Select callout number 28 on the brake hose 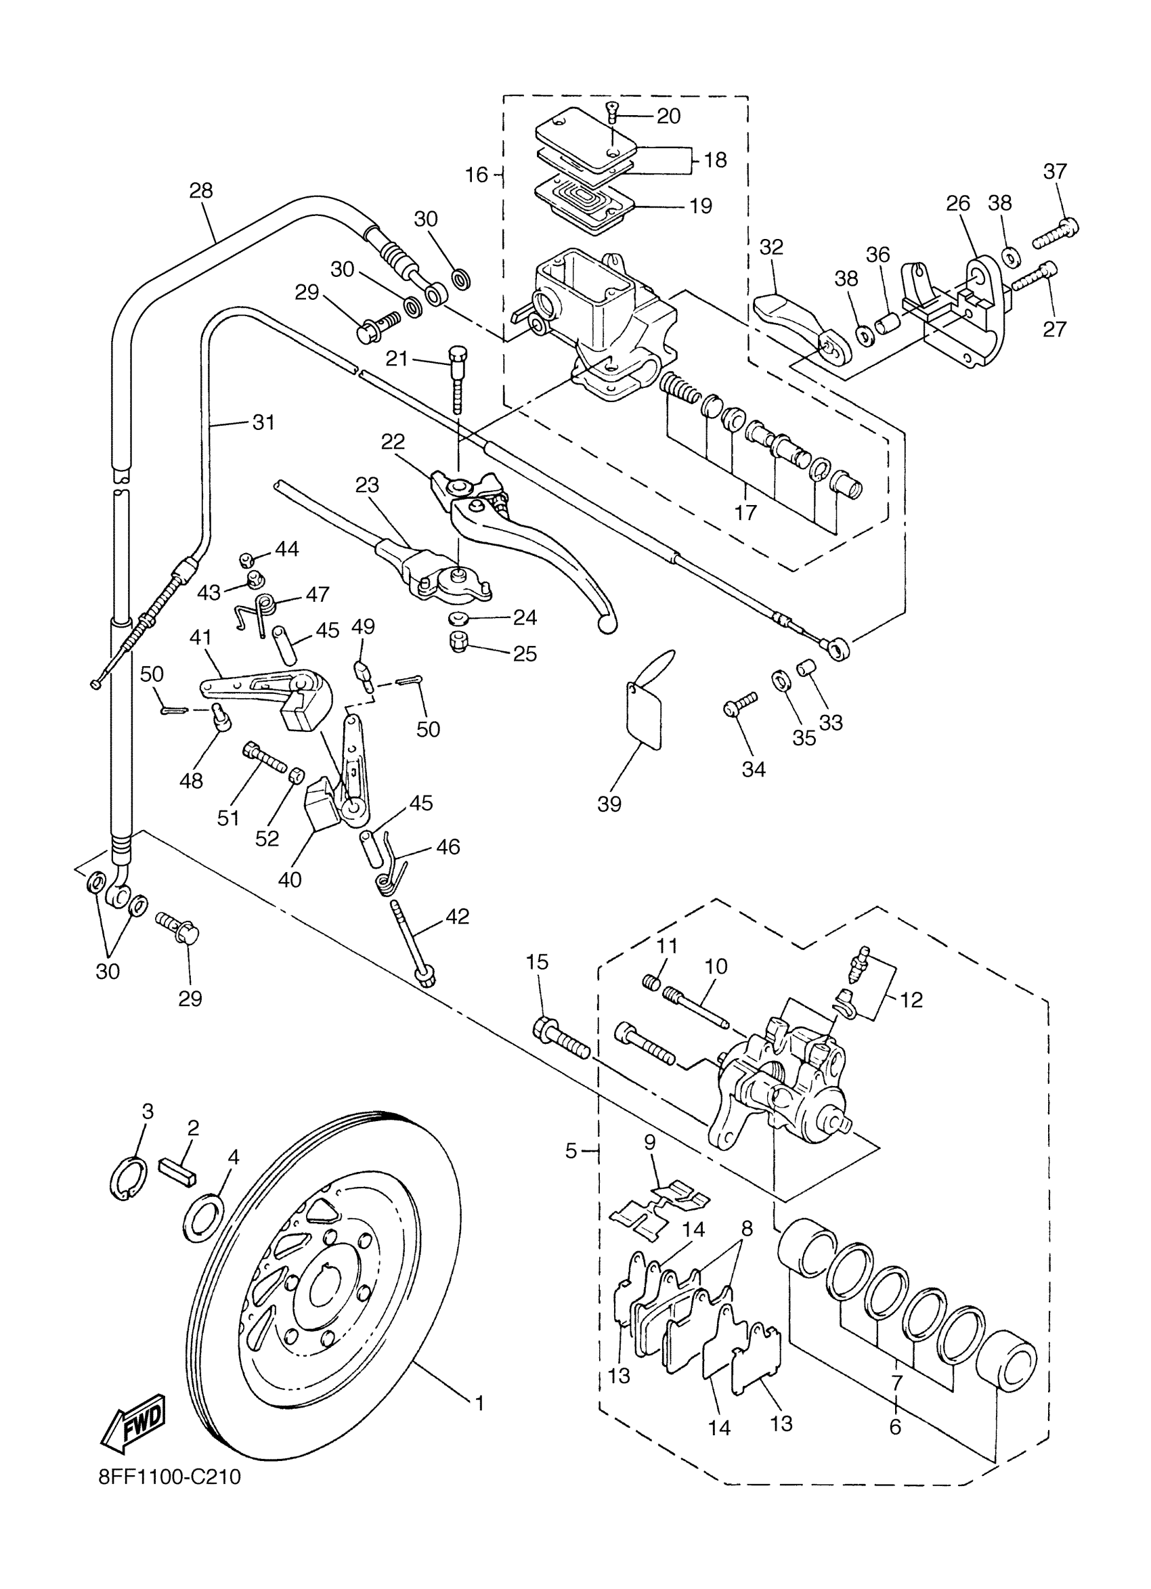tap(201, 190)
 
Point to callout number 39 tap(609, 804)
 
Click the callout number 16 tap(477, 175)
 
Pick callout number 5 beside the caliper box tap(571, 1150)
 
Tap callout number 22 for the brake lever tap(393, 442)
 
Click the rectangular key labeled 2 tap(181, 1169)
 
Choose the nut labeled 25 tap(458, 642)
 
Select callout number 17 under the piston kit tap(745, 512)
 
